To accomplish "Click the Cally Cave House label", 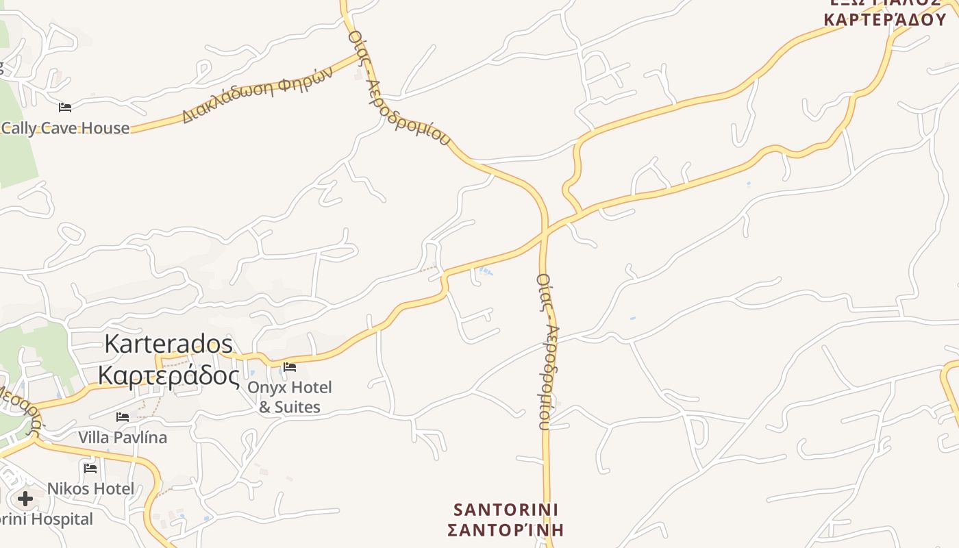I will [65, 128].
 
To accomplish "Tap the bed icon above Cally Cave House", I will [65, 108].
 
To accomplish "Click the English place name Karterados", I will [169, 344].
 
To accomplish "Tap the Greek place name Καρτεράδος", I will [169, 375].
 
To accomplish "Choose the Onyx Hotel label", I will [289, 388].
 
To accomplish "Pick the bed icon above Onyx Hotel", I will [290, 367].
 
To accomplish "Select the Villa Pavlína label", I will [123, 437].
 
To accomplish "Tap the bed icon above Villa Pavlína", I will [123, 416].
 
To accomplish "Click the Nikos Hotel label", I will [90, 489].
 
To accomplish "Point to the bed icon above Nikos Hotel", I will [90, 469].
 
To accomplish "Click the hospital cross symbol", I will [25, 499].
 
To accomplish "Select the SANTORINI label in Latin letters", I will [506, 510].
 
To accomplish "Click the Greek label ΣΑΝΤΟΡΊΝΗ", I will [506, 530].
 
